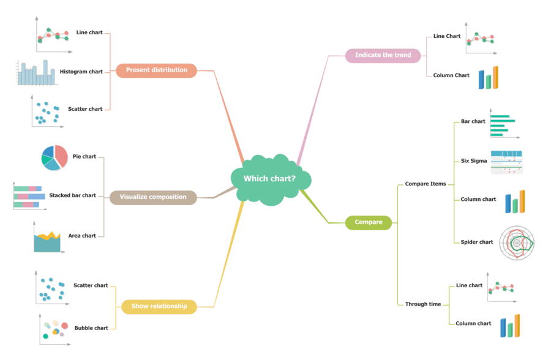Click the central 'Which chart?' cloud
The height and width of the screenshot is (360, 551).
coord(270,179)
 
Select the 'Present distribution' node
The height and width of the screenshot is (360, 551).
coord(156,70)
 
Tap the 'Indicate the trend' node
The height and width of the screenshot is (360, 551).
coord(383,55)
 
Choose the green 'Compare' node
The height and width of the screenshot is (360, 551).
coord(369,222)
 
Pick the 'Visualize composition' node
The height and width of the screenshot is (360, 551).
coord(153,197)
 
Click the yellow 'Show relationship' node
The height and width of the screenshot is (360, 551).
coord(159,306)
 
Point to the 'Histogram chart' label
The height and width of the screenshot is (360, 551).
coord(81,72)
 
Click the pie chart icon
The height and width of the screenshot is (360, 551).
coord(54,157)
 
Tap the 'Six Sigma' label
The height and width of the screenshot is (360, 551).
coord(474,161)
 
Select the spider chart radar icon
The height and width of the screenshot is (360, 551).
coord(517,243)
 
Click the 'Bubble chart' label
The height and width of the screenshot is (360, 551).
coord(91,328)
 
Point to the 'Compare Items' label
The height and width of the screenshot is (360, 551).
coord(425,184)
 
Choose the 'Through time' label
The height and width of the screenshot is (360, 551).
coord(422,304)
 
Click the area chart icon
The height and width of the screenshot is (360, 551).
coord(47,241)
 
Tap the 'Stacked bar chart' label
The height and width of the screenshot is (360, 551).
coord(73,196)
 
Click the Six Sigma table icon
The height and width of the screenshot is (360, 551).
coord(506,162)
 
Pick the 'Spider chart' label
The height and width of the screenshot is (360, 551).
coord(477,242)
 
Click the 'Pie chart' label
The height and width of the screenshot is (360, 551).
coord(84,157)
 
